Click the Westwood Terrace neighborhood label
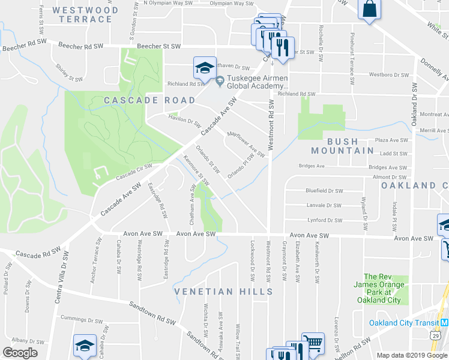point(85,14)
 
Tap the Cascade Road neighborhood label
point(150,100)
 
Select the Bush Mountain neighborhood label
point(343,146)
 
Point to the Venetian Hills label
point(224,292)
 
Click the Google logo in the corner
point(20,353)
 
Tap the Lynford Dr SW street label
point(324,220)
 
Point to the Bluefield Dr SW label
point(324,191)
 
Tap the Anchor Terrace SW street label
point(96,252)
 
